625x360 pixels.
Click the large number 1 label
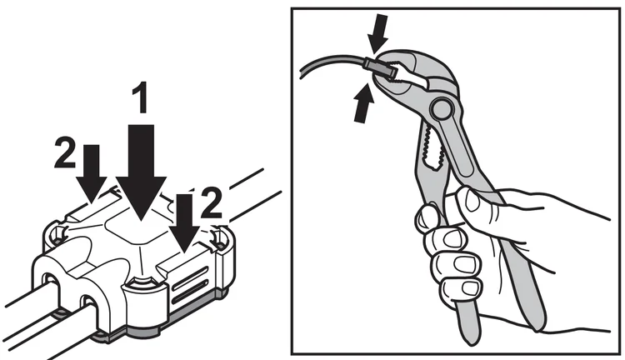point(141,97)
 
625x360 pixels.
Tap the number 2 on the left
point(64,152)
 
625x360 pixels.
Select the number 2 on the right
point(211,203)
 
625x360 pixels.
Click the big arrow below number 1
point(142,172)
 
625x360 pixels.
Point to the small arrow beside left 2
point(92,172)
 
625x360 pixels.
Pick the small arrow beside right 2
point(184,223)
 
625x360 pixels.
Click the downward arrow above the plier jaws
point(377,33)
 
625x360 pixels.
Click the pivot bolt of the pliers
point(441,107)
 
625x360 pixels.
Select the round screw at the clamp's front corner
point(142,283)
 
